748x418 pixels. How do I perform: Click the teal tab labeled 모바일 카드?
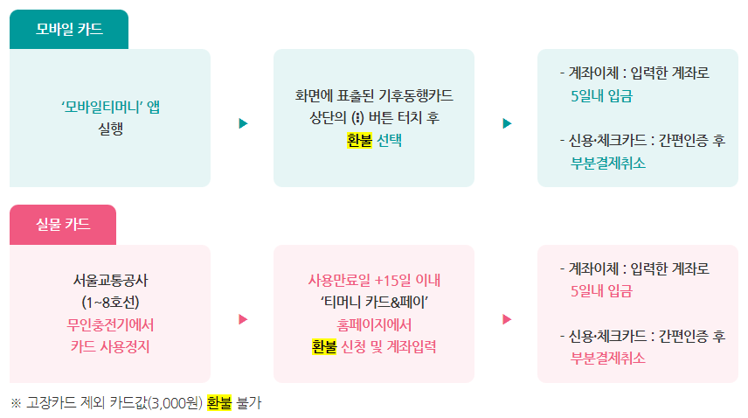point(69,30)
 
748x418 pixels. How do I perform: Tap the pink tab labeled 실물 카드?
point(63,225)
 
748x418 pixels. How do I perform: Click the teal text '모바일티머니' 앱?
point(111,107)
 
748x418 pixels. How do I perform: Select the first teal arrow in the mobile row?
point(243,123)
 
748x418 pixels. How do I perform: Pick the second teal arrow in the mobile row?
point(506,123)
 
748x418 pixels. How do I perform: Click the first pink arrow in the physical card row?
point(243,319)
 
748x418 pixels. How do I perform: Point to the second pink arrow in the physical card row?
point(506,319)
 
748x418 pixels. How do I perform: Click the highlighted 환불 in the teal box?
point(359,139)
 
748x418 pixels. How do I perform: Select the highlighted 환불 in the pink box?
point(324,346)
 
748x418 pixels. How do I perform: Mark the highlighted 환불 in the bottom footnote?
point(219,403)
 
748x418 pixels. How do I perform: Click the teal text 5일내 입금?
point(600,95)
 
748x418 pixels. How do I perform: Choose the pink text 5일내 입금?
point(600,290)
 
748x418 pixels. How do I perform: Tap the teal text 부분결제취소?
point(608,162)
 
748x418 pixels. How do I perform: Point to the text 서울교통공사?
point(111,281)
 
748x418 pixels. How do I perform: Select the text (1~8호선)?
point(111,303)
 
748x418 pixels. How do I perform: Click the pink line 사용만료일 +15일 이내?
point(374,281)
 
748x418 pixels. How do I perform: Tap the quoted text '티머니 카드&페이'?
point(374,303)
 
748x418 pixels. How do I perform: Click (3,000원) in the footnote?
point(176,403)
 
